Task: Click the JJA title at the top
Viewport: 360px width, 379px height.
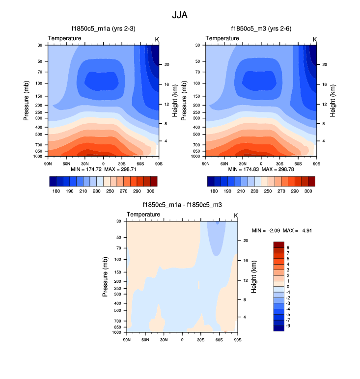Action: pos(179,15)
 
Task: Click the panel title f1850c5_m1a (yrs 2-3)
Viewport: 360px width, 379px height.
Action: pos(103,29)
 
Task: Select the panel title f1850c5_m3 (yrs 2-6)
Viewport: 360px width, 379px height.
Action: pos(261,29)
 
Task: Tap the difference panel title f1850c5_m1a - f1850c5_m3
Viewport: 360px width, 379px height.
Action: pos(182,205)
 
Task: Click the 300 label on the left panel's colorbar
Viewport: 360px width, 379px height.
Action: pos(150,189)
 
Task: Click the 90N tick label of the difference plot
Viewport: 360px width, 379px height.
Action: pos(127,339)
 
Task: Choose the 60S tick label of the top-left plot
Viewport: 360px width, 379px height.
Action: pos(140,163)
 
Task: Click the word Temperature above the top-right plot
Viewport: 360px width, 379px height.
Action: pos(222,38)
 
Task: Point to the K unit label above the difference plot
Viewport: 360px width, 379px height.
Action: pos(236,215)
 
